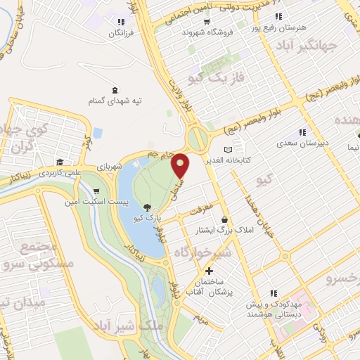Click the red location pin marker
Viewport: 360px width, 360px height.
(181, 166)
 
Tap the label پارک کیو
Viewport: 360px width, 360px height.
(149, 218)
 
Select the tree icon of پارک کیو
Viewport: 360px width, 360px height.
(146, 207)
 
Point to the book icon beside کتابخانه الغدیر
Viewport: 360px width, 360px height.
(227, 150)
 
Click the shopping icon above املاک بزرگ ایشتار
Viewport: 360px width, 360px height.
(224, 219)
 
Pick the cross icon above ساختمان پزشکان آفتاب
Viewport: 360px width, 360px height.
(209, 271)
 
